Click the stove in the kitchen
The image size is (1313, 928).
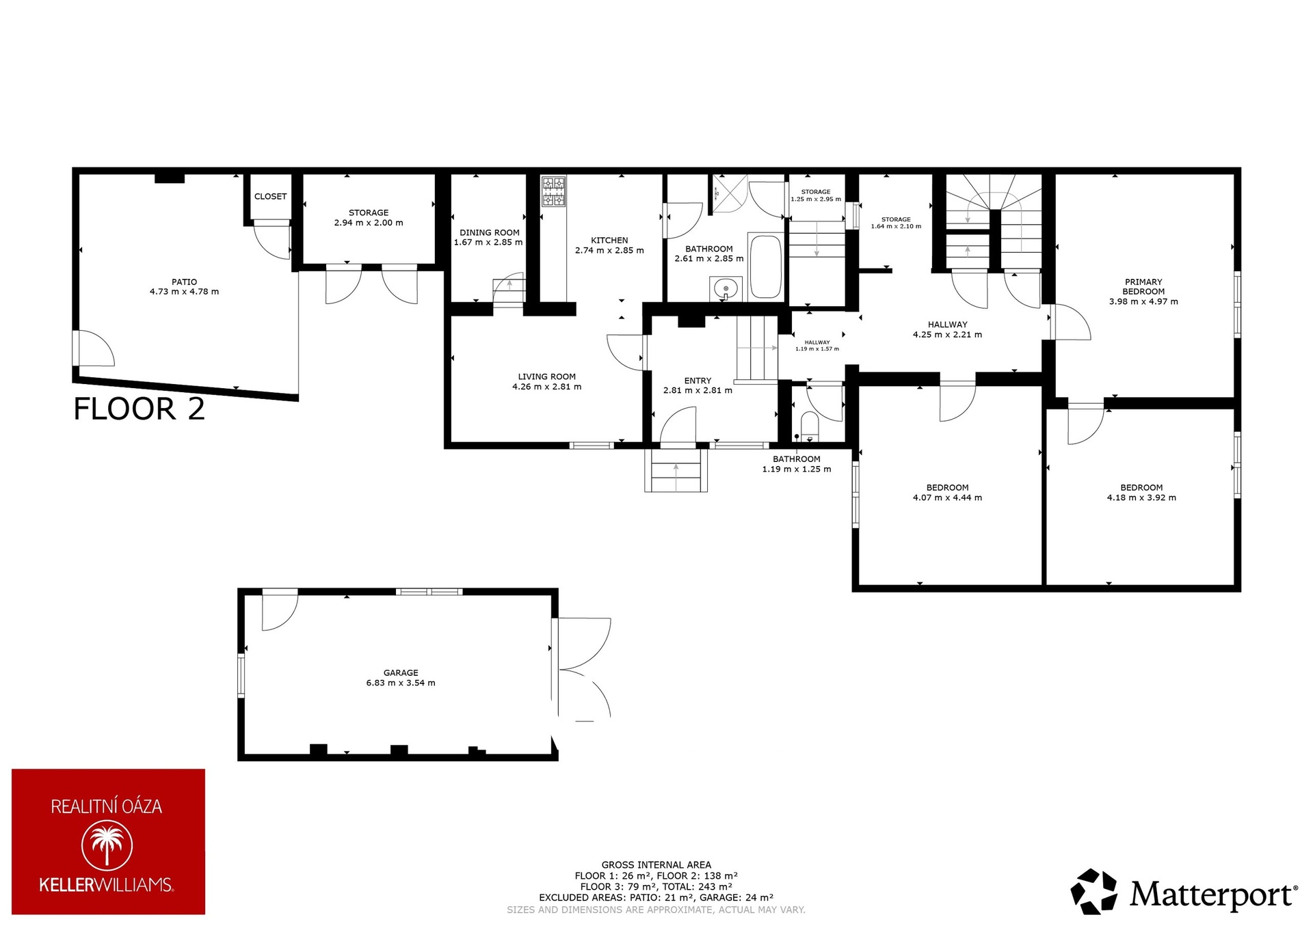tap(554, 191)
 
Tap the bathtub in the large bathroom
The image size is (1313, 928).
tap(766, 267)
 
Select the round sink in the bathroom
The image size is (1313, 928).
tap(725, 289)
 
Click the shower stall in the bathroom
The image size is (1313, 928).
tap(728, 193)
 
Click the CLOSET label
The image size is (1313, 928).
tap(271, 197)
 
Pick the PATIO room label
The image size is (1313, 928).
tap(185, 282)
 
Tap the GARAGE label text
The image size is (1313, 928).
tap(401, 673)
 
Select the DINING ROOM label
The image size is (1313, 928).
tap(490, 233)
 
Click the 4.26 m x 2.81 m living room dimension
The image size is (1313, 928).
tap(547, 387)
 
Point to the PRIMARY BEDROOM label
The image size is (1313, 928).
tap(1143, 286)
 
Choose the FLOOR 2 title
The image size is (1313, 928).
tap(140, 409)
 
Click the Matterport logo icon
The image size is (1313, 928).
tap(1094, 891)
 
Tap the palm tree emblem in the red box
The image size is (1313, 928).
tap(107, 845)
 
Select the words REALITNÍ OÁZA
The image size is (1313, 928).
tap(107, 806)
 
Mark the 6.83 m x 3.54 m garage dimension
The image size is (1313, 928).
tap(401, 683)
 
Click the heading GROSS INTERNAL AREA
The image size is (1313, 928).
tap(656, 864)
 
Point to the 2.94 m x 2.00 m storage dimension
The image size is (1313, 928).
tap(369, 223)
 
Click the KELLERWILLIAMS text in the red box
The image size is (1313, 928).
tap(106, 886)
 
